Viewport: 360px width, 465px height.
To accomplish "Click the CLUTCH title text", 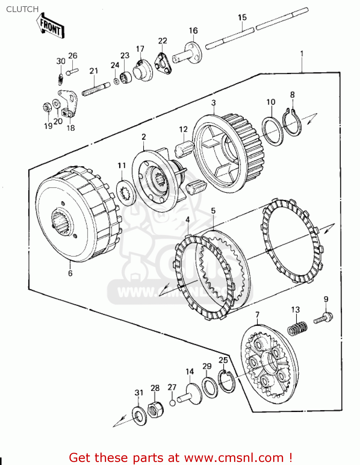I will (22, 9).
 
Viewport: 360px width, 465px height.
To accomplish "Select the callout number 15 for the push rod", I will (242, 17).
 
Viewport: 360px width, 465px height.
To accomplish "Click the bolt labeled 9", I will (323, 318).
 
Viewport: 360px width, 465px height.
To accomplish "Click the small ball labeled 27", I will (173, 403).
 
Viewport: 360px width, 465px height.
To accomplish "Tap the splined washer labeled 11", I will (126, 193).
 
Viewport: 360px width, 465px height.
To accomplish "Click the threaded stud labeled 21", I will (96, 89).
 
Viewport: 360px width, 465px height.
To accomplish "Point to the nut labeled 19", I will (47, 108).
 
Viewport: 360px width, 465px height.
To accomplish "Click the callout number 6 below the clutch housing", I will (70, 273).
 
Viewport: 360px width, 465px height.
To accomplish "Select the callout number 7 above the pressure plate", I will (257, 315).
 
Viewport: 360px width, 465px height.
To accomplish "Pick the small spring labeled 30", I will (61, 79).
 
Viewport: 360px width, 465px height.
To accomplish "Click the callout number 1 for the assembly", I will (302, 54).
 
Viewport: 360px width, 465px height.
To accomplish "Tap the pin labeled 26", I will (72, 72).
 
